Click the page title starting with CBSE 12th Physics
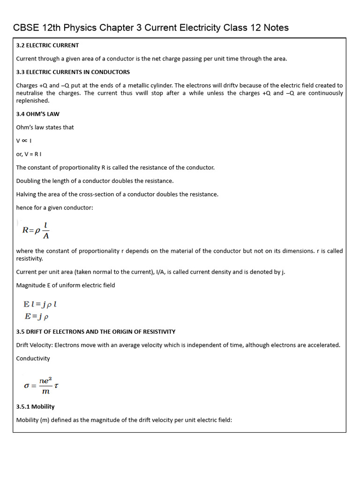(150, 28)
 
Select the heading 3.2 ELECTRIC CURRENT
(47, 45)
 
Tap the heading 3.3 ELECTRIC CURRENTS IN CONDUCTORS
(73, 72)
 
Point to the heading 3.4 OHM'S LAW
(37, 114)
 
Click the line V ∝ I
(23, 141)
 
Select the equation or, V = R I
(29, 154)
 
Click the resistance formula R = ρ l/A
(36, 230)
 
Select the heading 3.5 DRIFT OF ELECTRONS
(96, 332)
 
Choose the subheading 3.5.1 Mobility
(35, 406)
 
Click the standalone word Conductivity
(33, 359)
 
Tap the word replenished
(32, 101)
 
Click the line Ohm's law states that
(45, 127)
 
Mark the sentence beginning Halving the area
(117, 195)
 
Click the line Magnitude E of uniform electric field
(66, 285)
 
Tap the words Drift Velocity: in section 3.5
(35, 345)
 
